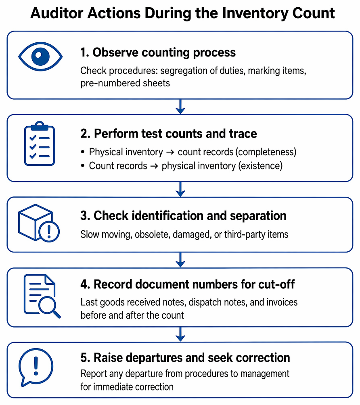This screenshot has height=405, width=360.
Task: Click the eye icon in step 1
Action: pos(40,56)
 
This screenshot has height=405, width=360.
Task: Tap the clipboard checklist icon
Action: pos(39,143)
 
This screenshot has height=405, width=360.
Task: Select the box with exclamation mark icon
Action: pos(39,223)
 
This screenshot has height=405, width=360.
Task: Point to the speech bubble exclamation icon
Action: pos(36,367)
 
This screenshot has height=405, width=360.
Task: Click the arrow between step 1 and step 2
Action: pos(180,106)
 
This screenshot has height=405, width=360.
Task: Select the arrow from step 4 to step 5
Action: pos(180,334)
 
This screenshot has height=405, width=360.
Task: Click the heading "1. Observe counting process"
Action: pos(158,52)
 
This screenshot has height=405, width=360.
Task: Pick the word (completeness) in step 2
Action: pos(266,152)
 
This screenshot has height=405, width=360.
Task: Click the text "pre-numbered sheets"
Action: pos(125,83)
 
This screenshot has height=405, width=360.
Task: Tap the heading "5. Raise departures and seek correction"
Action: pos(185,358)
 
